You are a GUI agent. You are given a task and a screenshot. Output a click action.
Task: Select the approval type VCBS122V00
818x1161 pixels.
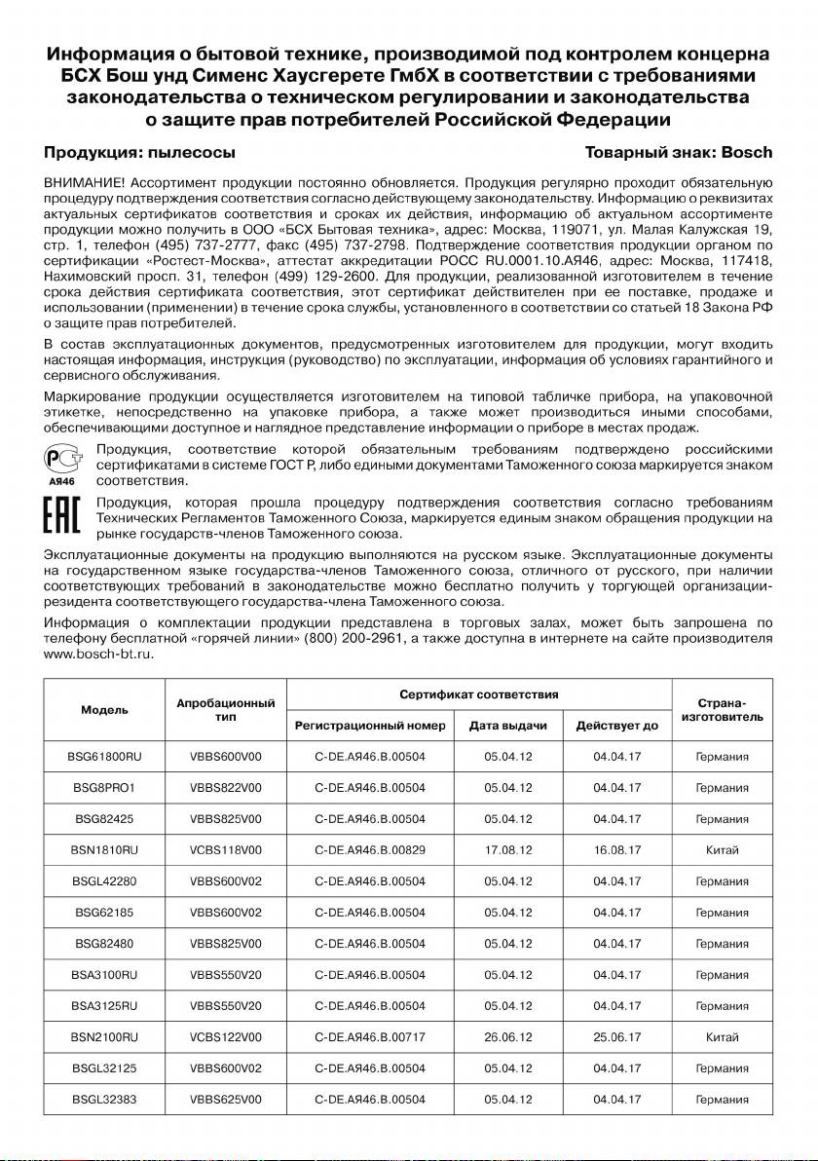click(226, 1037)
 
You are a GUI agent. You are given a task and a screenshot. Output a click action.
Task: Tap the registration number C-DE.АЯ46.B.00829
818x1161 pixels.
click(371, 850)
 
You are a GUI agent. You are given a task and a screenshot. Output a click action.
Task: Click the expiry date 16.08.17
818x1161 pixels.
click(617, 850)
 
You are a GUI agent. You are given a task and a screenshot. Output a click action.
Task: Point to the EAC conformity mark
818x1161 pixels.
click(63, 518)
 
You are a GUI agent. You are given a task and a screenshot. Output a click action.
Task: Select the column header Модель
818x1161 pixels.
click(104, 710)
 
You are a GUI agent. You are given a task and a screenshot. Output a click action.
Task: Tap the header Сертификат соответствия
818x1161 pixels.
click(479, 694)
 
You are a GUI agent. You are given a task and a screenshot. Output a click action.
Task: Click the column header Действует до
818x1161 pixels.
click(617, 727)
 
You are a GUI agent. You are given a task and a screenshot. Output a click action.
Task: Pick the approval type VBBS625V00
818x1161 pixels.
click(226, 1100)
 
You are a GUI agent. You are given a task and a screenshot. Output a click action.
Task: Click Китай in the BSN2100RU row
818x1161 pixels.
click(722, 1037)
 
